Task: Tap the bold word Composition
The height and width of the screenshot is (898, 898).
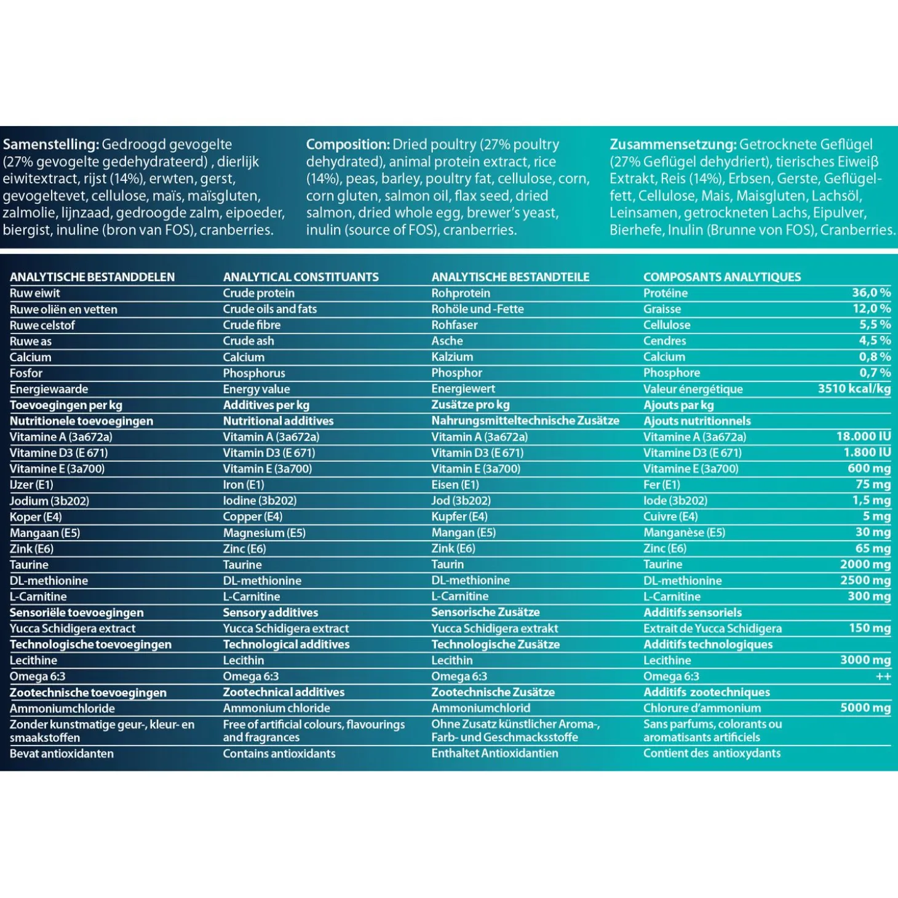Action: coord(348,145)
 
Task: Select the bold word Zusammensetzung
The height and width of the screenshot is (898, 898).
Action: coord(673,145)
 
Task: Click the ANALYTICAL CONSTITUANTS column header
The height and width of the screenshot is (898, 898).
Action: coord(301,277)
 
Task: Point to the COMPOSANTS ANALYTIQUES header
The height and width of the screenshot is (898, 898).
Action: coord(722,277)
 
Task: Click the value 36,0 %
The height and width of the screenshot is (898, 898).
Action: coord(871,293)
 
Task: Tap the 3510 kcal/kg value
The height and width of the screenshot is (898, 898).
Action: coord(854,388)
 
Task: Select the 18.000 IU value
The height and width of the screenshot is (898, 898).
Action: coord(863,436)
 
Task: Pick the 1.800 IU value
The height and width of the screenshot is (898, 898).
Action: coord(867,452)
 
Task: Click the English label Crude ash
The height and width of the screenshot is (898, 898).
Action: coord(248,341)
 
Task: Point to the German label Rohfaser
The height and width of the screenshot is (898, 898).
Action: coord(454,325)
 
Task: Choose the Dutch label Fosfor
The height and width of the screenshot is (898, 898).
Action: coord(26,373)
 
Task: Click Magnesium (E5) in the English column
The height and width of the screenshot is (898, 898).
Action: coord(264,533)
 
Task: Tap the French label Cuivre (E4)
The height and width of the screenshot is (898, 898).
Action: coord(670,517)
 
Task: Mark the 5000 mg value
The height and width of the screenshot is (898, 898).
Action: coord(865,707)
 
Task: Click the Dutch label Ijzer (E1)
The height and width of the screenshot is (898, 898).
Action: coord(31,485)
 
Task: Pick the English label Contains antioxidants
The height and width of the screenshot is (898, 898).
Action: coord(279,753)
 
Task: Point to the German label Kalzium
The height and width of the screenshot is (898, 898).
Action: coord(452,357)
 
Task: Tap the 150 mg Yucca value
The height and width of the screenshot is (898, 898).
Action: coord(870,628)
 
